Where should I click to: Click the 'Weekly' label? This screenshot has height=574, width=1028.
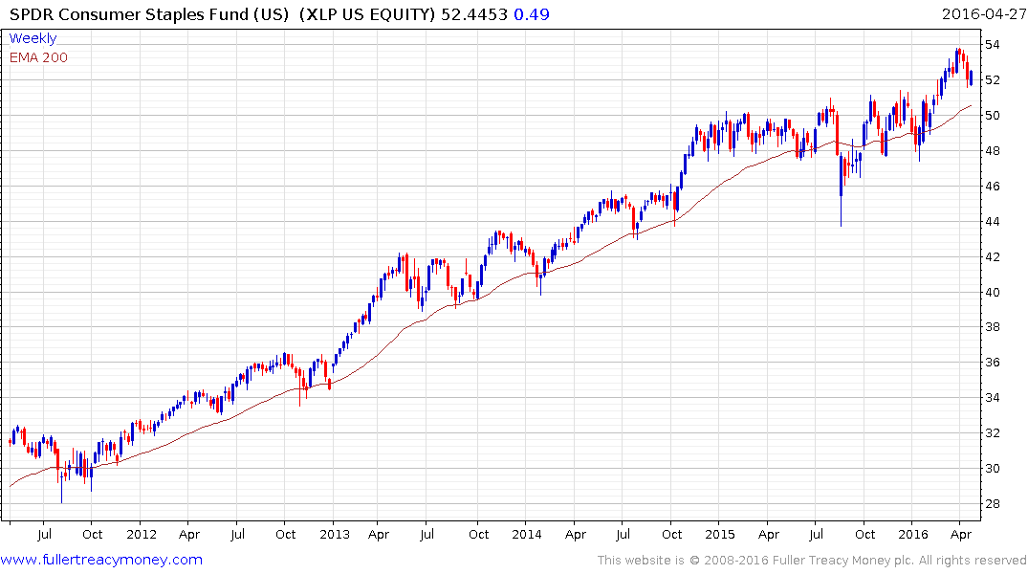click(x=33, y=38)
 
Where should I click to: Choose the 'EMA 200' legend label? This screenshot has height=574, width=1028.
click(x=38, y=57)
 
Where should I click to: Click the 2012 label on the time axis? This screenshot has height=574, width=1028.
click(x=141, y=535)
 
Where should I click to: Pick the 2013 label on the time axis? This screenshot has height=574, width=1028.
click(x=334, y=535)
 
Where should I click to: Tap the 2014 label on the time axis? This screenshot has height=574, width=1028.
click(x=527, y=535)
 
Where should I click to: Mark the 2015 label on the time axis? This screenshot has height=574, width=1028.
click(x=719, y=535)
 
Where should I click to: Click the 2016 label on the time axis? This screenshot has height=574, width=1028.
click(x=913, y=535)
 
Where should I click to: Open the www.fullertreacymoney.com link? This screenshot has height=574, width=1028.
click(x=102, y=560)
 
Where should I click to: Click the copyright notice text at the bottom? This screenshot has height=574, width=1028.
click(x=812, y=561)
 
